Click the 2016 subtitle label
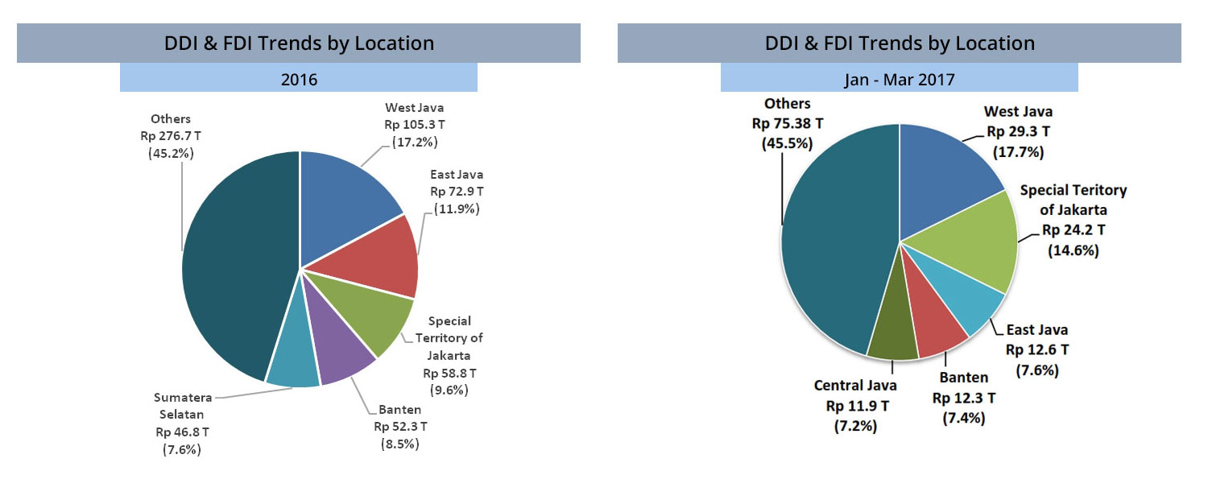pyautogui.click(x=299, y=80)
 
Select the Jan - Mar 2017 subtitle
pyautogui.click(x=899, y=80)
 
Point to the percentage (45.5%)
pyautogui.click(x=787, y=143)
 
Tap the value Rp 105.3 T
pyautogui.click(x=414, y=125)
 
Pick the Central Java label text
pyautogui.click(x=855, y=385)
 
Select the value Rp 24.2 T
pyautogui.click(x=1074, y=230)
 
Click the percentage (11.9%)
pyautogui.click(x=457, y=209)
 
